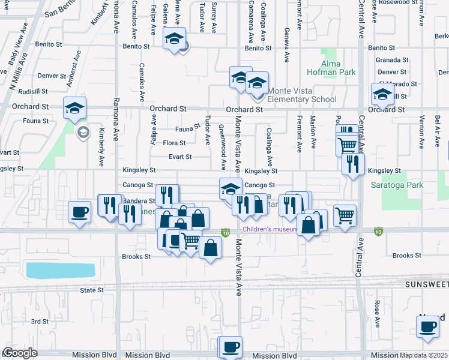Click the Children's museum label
269,229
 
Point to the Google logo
20,353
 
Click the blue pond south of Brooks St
61,270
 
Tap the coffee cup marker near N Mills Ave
79,212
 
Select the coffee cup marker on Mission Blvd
231,347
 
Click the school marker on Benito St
175,40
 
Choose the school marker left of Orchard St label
75,108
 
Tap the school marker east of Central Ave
382,94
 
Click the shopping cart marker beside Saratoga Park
345,215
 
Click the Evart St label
179,157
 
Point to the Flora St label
174,143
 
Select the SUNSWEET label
426,284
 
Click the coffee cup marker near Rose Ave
427,327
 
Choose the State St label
92,290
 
